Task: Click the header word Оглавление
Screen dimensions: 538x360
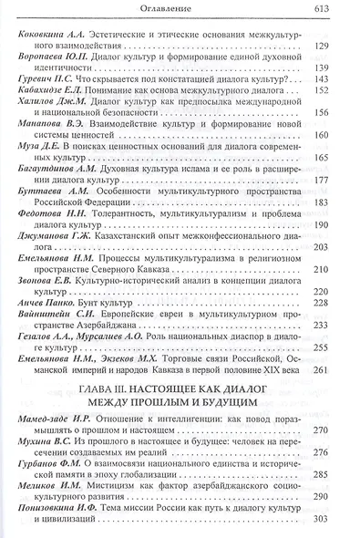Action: pyautogui.click(x=179, y=10)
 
